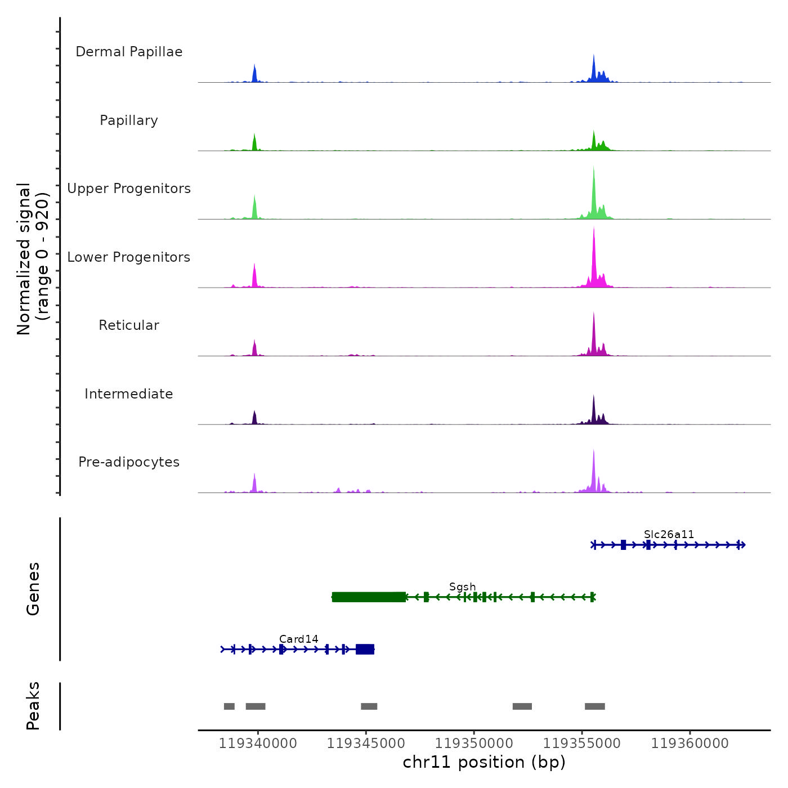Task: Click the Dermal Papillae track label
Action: [x=129, y=52]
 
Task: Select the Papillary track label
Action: [x=129, y=120]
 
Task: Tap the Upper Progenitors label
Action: [x=129, y=189]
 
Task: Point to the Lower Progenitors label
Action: [x=129, y=257]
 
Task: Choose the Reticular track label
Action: [x=129, y=325]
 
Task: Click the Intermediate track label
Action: [x=129, y=394]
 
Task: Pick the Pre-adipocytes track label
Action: [x=129, y=462]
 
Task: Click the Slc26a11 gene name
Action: [x=669, y=534]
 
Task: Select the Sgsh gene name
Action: [x=462, y=586]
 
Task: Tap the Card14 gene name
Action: [x=298, y=639]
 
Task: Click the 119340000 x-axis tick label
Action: [x=258, y=744]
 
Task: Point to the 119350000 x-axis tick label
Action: [x=474, y=744]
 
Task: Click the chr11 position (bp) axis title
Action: [x=484, y=762]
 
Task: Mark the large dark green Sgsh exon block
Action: [x=369, y=597]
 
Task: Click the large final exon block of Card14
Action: [x=365, y=650]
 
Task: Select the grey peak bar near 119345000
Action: [x=369, y=706]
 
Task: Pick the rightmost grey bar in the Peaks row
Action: [x=594, y=706]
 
